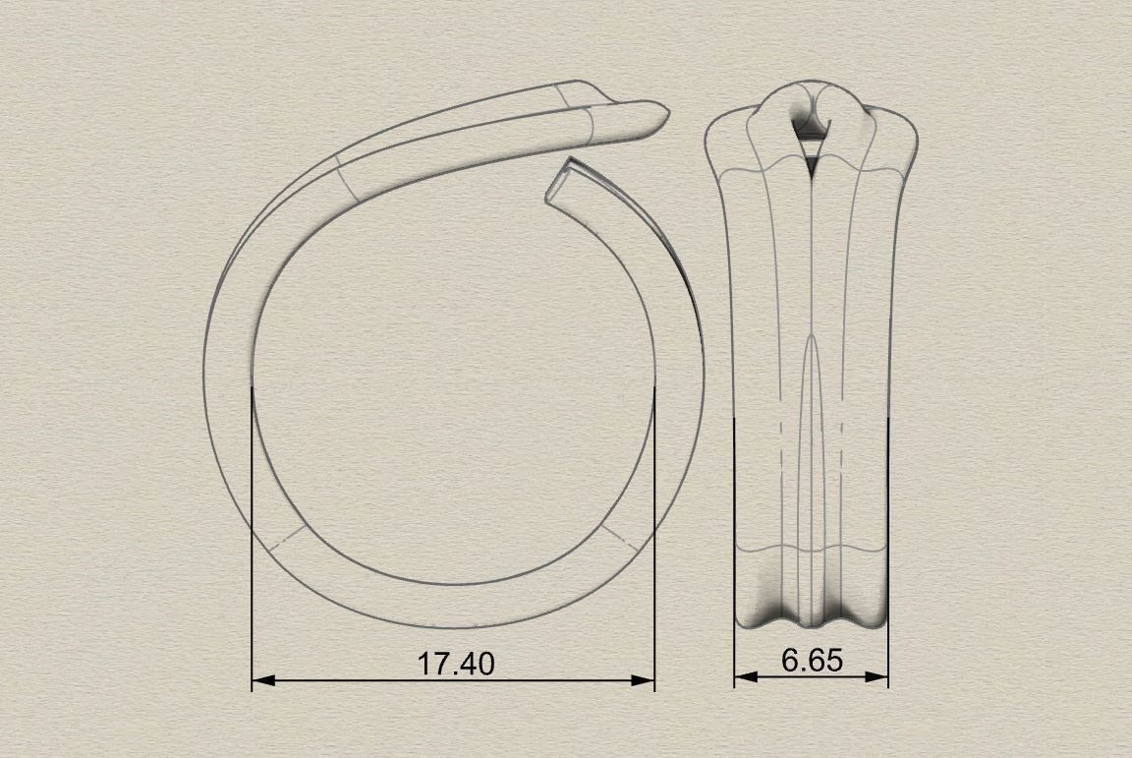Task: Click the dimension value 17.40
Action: (456, 664)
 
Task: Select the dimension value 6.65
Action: (812, 661)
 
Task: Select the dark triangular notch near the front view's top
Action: (812, 168)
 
